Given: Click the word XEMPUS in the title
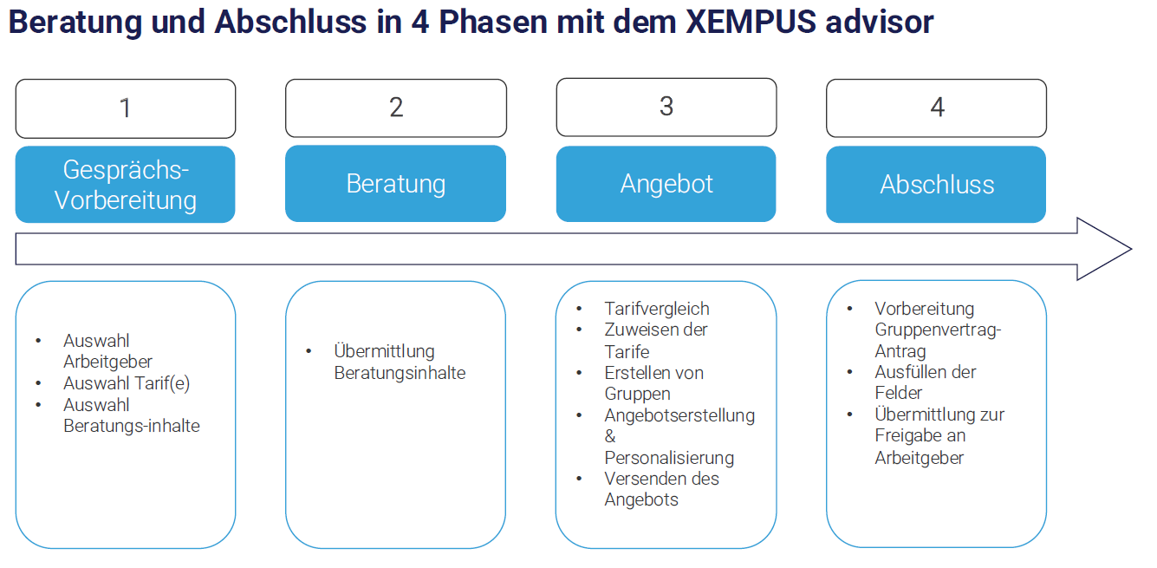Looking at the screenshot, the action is pyautogui.click(x=751, y=22).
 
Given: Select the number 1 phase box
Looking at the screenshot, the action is pyautogui.click(x=126, y=108).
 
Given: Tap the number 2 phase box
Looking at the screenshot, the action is pyautogui.click(x=396, y=108).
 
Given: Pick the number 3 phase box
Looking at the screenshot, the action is pyautogui.click(x=666, y=107).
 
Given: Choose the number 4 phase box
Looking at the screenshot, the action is pyautogui.click(x=937, y=108).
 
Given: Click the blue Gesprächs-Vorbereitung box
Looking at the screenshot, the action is pyautogui.click(x=126, y=185).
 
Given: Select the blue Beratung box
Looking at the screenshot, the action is pyautogui.click(x=396, y=184).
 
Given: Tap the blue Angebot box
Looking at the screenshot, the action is pyautogui.click(x=666, y=184).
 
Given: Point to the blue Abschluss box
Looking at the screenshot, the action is pyautogui.click(x=937, y=185).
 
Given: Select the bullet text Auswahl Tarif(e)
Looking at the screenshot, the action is pyautogui.click(x=127, y=383).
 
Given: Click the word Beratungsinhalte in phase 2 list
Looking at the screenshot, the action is pyautogui.click(x=400, y=373).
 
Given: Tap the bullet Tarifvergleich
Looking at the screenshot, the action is pyautogui.click(x=657, y=309).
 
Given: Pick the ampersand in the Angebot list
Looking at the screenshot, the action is pyautogui.click(x=610, y=436).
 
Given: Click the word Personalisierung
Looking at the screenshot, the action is pyautogui.click(x=669, y=458).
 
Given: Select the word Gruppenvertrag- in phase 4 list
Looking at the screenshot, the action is pyautogui.click(x=938, y=330).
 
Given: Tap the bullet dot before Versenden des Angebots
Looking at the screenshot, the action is pyautogui.click(x=579, y=479).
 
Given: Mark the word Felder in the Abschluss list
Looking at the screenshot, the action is pyautogui.click(x=898, y=393).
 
